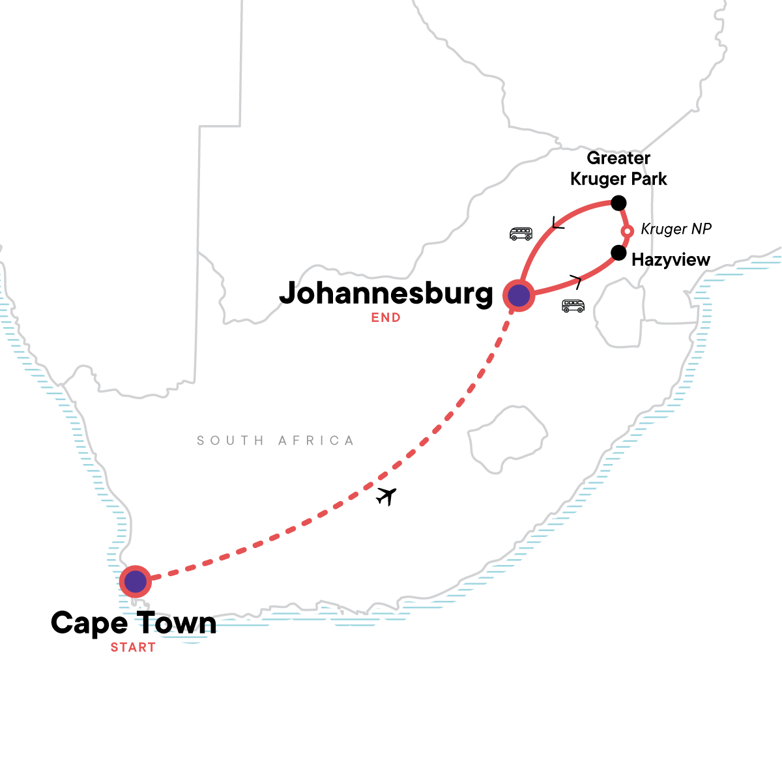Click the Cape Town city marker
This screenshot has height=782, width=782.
point(135,581)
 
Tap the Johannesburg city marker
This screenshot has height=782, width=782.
point(519,295)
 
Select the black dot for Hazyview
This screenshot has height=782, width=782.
point(618,252)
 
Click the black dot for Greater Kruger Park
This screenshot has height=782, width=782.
point(618,202)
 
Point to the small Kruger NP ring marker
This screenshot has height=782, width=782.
point(627,231)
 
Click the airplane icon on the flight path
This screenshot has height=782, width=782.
point(386,496)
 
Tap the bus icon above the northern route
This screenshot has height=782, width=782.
point(521,233)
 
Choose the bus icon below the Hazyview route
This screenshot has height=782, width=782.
point(573,306)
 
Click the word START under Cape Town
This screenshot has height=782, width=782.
point(133,647)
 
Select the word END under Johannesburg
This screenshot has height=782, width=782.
point(386,318)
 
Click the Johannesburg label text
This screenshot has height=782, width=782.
point(386,294)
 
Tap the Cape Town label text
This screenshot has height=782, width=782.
point(134,623)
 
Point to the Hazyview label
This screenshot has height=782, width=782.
point(671,260)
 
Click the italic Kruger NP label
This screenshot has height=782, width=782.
point(676,229)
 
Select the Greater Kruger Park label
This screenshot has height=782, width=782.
point(618,169)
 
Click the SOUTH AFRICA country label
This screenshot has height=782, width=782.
point(276,441)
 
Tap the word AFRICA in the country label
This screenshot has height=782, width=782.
point(316,441)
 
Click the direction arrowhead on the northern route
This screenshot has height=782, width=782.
point(558,224)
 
